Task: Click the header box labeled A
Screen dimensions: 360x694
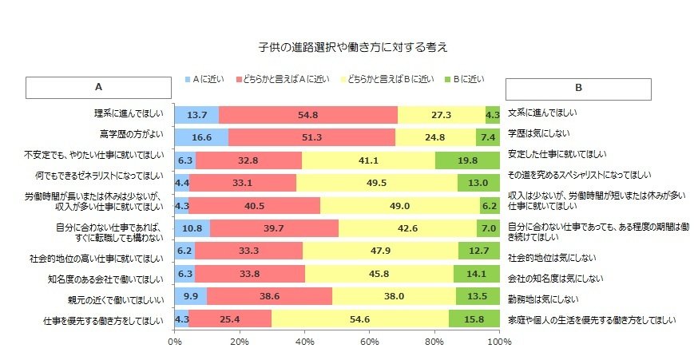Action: [98, 87]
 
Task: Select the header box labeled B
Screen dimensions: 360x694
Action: [578, 87]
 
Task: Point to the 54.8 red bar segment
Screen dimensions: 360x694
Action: [307, 114]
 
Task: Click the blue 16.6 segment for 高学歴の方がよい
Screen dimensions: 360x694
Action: [201, 137]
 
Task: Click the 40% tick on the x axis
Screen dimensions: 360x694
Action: [304, 342]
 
